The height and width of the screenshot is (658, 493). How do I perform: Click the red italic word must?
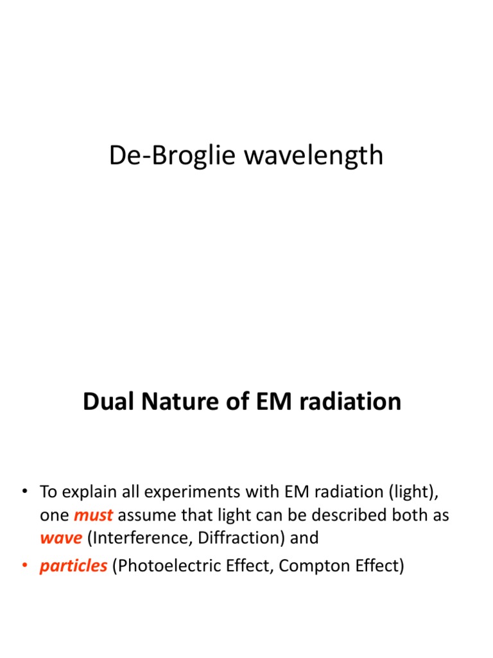point(94,515)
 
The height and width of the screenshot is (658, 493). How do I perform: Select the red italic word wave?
point(61,538)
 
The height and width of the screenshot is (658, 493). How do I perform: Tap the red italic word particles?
point(73,567)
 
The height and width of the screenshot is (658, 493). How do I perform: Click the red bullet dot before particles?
point(26,567)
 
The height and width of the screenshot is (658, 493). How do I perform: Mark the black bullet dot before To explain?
point(26,492)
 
